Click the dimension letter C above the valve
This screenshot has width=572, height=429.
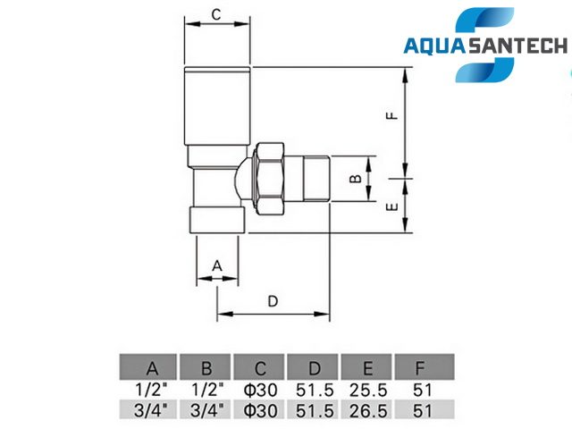click(216, 14)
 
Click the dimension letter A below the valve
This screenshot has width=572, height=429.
click(217, 265)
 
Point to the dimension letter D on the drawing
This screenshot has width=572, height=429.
click(273, 301)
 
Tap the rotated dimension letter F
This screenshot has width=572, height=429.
click(392, 115)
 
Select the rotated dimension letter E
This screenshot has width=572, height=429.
click(392, 207)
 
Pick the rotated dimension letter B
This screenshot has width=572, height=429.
click(356, 179)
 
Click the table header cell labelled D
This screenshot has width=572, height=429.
click(314, 367)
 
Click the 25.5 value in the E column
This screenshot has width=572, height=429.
click(367, 390)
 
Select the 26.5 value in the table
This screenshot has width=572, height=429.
click(367, 411)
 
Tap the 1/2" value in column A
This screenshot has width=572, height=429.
click(152, 390)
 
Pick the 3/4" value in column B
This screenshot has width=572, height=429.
click(206, 410)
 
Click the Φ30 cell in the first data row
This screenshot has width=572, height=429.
click(260, 390)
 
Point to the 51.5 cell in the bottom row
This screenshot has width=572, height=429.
click(315, 411)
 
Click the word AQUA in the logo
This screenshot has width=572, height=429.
click(434, 46)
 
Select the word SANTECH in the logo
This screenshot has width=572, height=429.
click(517, 46)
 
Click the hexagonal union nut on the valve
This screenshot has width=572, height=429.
click(270, 179)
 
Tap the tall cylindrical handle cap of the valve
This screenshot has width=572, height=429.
click(217, 105)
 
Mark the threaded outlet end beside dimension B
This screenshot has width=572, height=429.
click(316, 179)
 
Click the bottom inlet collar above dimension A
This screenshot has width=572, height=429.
click(217, 220)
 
